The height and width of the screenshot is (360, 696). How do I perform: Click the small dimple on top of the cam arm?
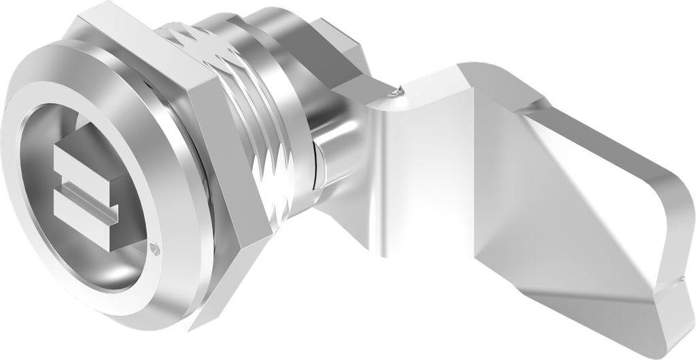[395, 89]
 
